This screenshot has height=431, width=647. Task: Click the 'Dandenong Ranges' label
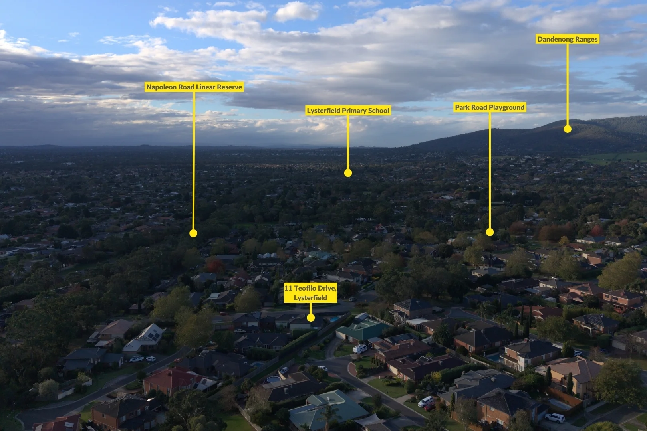click(x=567, y=39)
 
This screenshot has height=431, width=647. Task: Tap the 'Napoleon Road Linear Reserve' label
click(x=194, y=87)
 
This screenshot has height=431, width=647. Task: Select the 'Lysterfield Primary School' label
click(x=348, y=110)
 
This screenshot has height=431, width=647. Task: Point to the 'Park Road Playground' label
click(x=490, y=107)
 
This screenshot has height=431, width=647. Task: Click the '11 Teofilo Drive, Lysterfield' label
click(x=310, y=293)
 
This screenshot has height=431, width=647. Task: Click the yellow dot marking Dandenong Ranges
click(x=567, y=129)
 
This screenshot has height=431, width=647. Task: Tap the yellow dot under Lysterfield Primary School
click(x=348, y=173)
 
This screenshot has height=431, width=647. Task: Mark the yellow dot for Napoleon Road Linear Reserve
click(x=193, y=233)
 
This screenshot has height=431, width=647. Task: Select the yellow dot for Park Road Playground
click(x=490, y=232)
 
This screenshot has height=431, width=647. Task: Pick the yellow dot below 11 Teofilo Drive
click(x=310, y=318)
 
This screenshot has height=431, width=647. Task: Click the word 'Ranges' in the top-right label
click(x=584, y=39)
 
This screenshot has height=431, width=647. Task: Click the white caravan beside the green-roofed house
click(x=359, y=349)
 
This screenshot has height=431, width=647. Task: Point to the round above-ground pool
click(x=273, y=380)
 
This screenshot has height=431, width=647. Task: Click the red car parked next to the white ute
click(x=429, y=407)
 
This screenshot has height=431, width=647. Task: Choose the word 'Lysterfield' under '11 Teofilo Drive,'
click(x=310, y=298)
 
